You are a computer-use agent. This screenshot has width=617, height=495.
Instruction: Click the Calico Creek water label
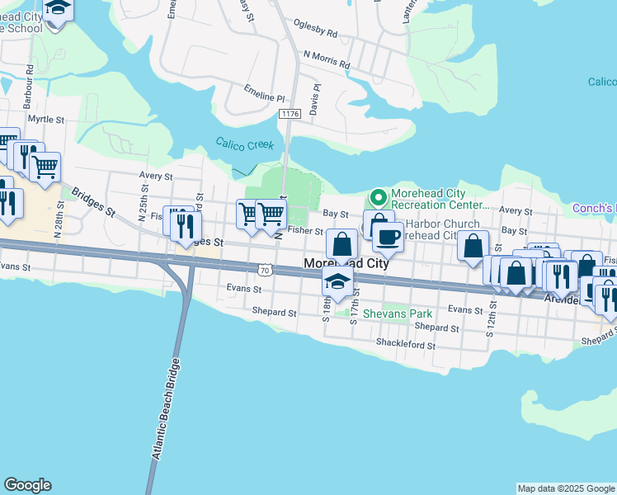[244, 144]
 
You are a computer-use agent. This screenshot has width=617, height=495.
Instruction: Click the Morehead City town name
[346, 263]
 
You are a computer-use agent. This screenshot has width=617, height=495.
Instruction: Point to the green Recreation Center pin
[378, 198]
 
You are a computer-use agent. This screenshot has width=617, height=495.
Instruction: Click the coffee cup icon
[387, 236]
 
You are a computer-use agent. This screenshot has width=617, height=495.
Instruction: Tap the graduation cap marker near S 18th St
[337, 281]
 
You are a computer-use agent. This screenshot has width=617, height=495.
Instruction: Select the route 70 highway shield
[264, 270]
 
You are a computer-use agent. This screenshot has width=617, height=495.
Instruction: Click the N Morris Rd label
[327, 59]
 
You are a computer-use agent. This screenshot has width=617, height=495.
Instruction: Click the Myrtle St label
[46, 120]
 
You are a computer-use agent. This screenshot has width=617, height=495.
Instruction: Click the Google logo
[28, 485]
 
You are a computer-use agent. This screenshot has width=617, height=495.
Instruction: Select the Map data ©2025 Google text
[566, 488]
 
